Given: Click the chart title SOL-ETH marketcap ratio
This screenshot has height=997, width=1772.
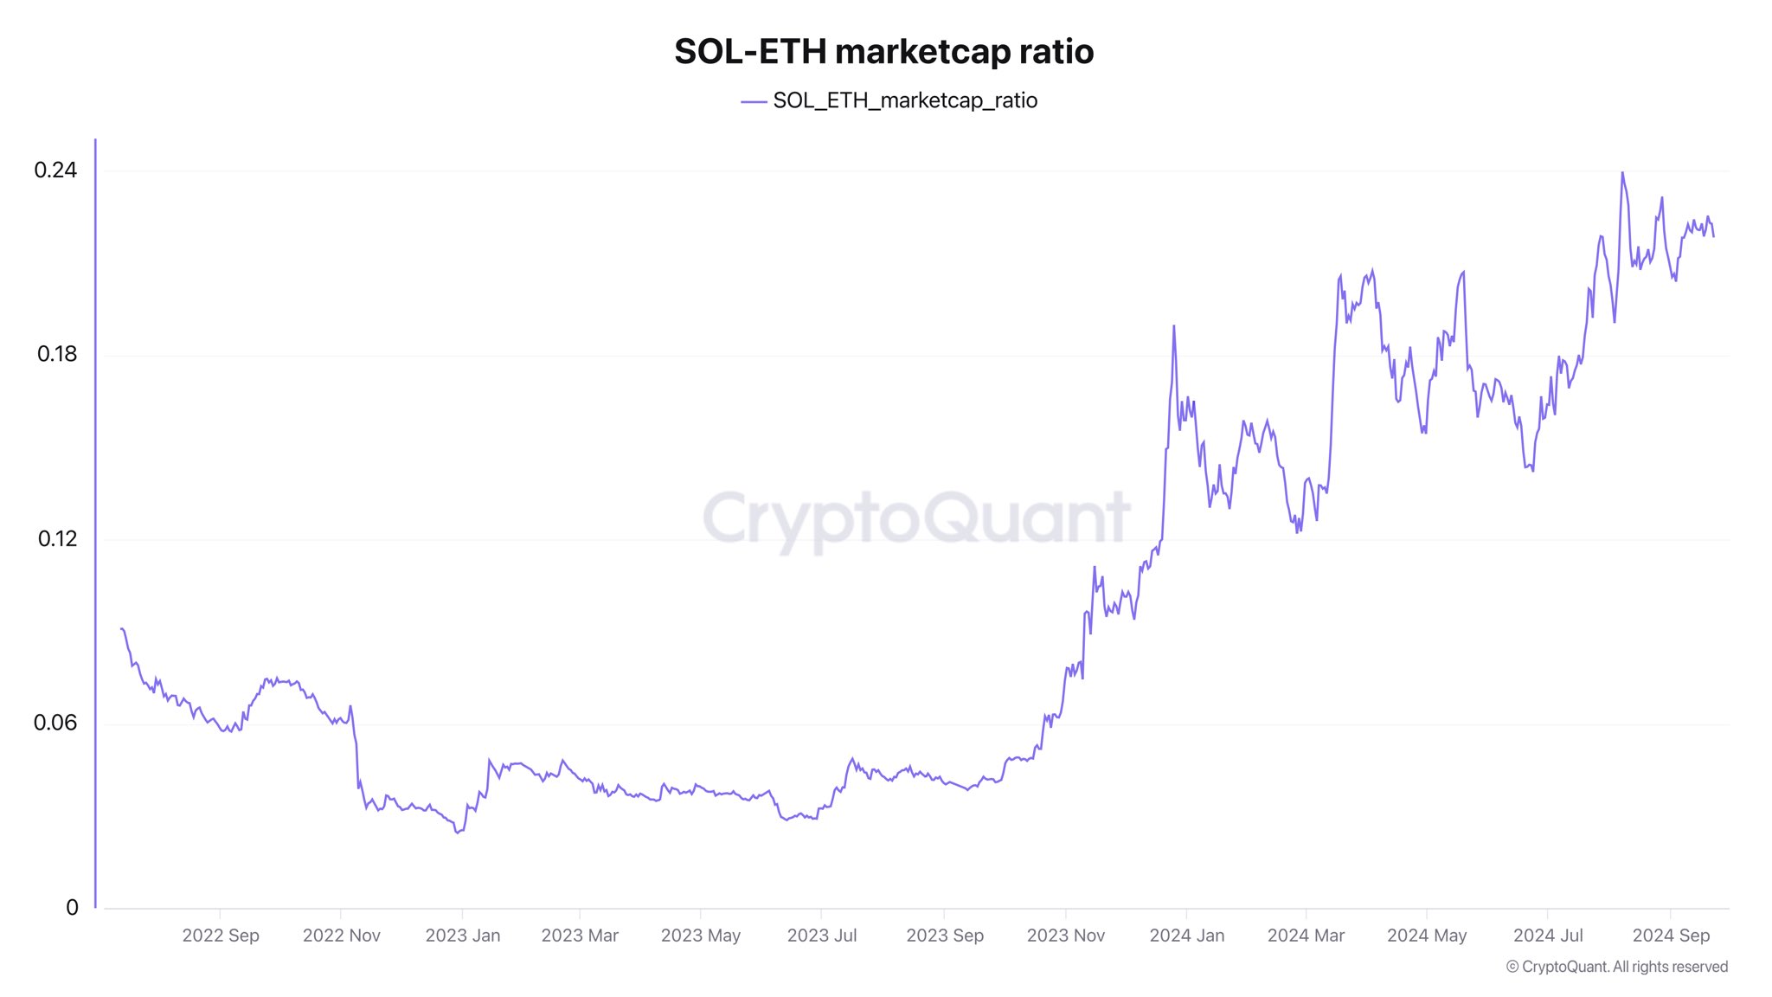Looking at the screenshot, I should tap(883, 52).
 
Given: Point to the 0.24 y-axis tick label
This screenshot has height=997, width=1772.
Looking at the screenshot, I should tap(55, 170).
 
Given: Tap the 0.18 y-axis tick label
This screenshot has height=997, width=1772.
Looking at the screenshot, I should tap(57, 354).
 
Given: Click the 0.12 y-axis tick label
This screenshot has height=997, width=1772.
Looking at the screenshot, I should tap(57, 538).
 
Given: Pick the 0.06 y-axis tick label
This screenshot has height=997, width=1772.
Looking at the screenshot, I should tap(55, 723).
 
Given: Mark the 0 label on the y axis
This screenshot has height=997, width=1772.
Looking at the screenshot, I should tap(72, 907).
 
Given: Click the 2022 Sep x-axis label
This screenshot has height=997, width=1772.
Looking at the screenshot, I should tap(221, 936).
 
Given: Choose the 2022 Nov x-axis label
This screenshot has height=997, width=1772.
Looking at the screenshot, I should tap(342, 936).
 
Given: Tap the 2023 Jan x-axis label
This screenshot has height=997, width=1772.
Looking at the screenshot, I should tap(463, 936).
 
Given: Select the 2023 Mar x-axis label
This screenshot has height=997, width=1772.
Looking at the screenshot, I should tap(580, 936).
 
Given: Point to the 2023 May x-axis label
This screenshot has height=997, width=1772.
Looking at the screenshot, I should tap(701, 936).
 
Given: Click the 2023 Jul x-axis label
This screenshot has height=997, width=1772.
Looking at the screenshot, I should tap(822, 936).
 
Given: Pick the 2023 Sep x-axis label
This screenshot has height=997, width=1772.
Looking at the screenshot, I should tap(945, 936).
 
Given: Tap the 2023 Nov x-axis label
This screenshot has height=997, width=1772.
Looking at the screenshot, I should tap(1066, 936).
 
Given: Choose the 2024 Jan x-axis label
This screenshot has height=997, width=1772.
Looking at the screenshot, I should tap(1187, 936).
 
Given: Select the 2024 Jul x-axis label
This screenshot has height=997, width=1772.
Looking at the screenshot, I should tap(1548, 936).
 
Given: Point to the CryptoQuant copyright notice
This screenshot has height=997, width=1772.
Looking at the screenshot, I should tap(1617, 967).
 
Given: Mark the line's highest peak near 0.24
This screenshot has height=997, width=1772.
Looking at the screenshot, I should tap(1622, 173).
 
